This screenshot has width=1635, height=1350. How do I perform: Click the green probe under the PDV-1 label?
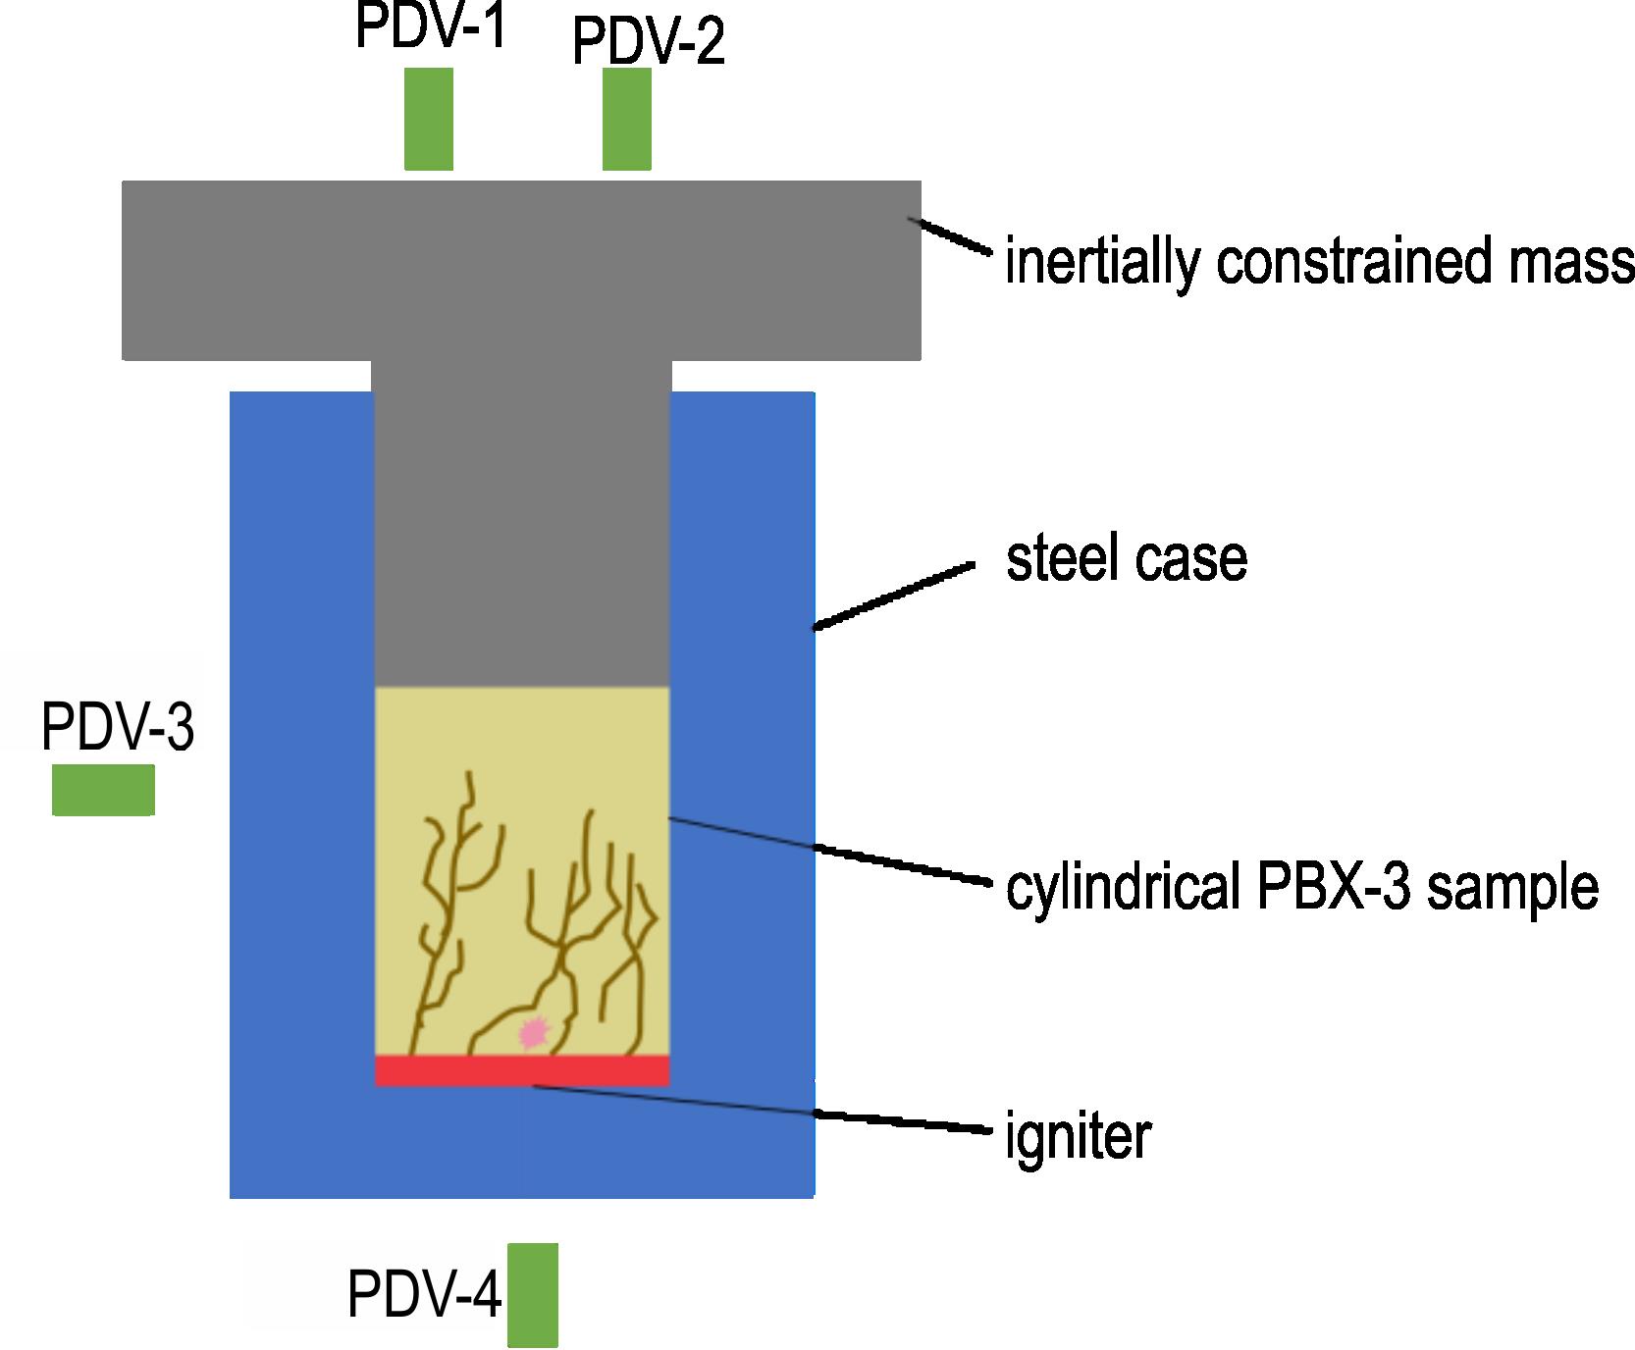429,119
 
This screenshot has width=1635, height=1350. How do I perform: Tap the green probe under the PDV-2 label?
627,119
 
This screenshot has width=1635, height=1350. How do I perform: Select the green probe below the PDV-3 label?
103,790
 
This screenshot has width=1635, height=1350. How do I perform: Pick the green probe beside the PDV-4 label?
533,1294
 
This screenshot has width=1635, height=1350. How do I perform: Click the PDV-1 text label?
431,26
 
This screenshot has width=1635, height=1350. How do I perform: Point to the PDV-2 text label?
649,43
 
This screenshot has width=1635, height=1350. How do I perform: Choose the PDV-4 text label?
425,1295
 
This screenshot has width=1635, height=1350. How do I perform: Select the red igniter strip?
522,1070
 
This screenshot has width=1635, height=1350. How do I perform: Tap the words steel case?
1127,558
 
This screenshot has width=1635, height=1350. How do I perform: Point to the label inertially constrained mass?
1320,262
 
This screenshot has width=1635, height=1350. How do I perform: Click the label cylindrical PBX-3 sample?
1302,888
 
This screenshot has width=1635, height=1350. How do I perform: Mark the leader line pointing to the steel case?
893,596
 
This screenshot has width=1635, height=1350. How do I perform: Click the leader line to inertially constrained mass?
950,235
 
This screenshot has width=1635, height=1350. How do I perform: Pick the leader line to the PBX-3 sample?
827,850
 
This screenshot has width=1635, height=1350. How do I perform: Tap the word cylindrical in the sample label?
1120,888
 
